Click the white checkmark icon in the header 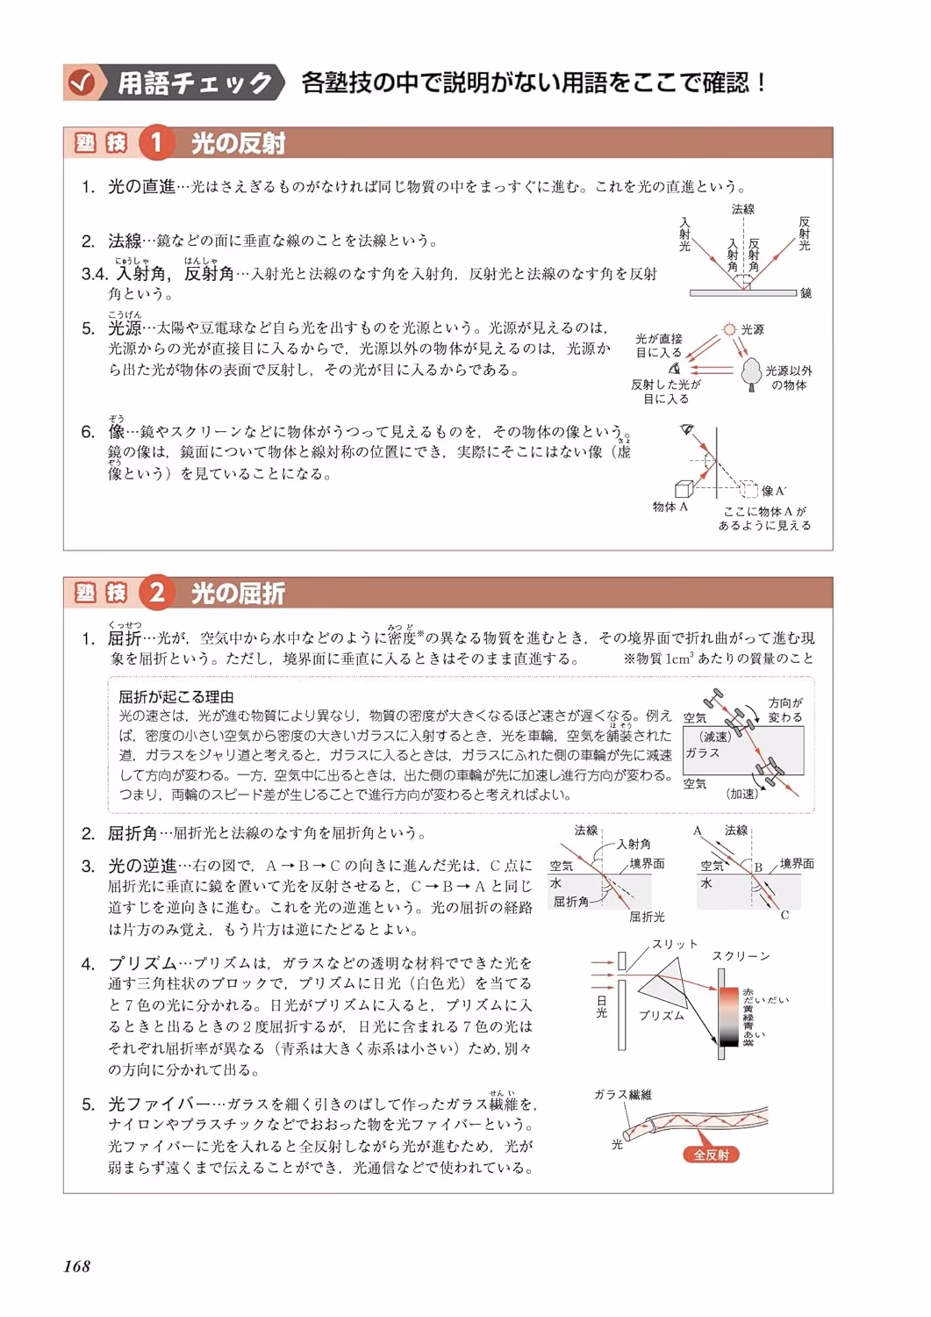(x=81, y=83)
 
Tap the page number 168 (x=77, y=1266)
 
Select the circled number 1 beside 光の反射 (x=156, y=143)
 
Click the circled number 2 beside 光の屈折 (x=156, y=592)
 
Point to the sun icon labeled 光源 (x=729, y=329)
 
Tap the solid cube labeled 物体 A (x=684, y=489)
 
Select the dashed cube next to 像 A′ (x=748, y=489)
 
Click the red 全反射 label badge (x=711, y=1155)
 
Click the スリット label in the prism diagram (x=675, y=944)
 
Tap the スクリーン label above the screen (x=741, y=956)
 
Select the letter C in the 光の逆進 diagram (x=784, y=915)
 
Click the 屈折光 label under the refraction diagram (x=647, y=917)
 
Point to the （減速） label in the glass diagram (x=714, y=737)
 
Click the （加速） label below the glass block (x=742, y=794)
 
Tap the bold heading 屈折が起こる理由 (x=176, y=697)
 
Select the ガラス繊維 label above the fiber (x=623, y=1094)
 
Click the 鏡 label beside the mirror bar (x=806, y=292)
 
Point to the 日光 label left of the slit (x=601, y=1006)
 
